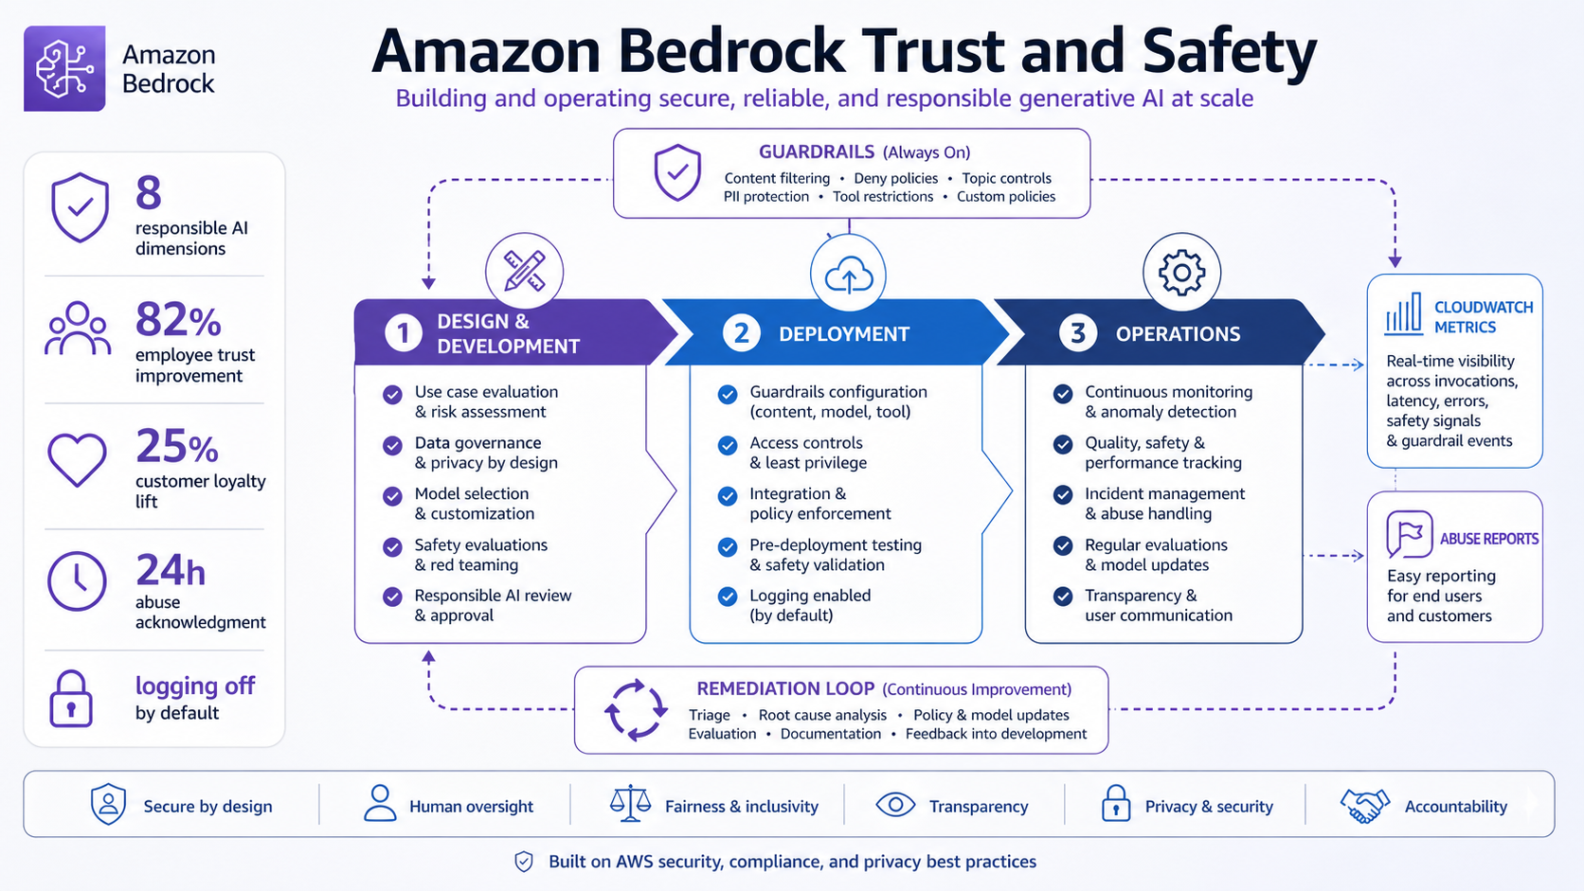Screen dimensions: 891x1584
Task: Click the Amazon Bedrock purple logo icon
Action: click(x=64, y=68)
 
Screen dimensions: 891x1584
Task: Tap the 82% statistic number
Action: click(x=178, y=320)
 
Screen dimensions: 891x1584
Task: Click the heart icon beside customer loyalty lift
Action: click(x=77, y=460)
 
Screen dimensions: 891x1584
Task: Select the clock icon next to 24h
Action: click(x=77, y=580)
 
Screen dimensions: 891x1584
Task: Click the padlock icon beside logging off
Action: click(x=71, y=699)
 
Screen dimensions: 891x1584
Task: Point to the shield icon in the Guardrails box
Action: click(x=677, y=172)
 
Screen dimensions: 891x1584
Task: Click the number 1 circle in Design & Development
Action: click(x=403, y=333)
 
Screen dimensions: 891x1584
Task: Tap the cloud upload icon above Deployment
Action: click(x=848, y=276)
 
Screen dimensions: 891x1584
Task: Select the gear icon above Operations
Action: click(x=1181, y=274)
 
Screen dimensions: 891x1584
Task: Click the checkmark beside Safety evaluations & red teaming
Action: click(x=392, y=547)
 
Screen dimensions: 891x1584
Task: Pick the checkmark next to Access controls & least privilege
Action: click(x=728, y=445)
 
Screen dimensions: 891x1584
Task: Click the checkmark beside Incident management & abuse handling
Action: click(x=1063, y=495)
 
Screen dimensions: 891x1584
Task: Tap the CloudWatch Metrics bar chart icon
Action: click(x=1404, y=313)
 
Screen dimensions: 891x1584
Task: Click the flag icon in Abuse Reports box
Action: click(x=1409, y=535)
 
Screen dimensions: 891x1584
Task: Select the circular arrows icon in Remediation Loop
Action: click(x=636, y=710)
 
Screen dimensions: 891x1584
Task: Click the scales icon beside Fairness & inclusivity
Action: click(x=630, y=804)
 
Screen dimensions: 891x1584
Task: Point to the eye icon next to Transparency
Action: click(x=895, y=805)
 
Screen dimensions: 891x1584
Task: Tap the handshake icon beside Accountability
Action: click(x=1364, y=806)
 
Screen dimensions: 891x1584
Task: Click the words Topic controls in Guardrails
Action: click(x=1006, y=178)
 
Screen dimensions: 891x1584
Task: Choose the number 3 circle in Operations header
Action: click(x=1077, y=333)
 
